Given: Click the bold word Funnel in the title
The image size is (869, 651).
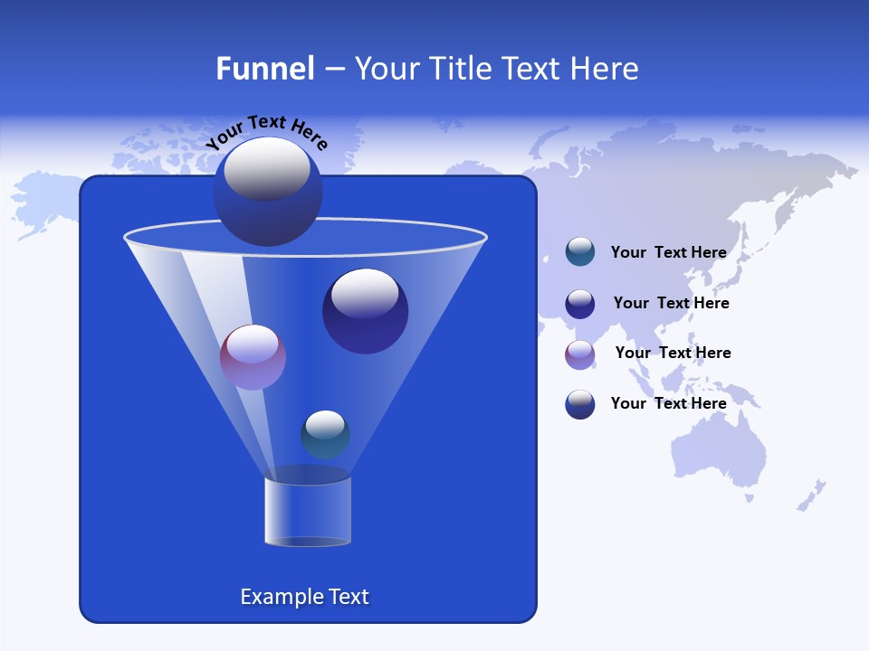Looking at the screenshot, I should tap(264, 69).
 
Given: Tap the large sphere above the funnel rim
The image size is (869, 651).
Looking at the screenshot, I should tap(268, 191).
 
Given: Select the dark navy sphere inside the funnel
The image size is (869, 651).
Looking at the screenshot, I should tap(365, 311).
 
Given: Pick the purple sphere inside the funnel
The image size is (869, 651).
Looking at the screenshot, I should tap(253, 357).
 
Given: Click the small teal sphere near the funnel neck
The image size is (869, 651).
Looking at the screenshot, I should tap(325, 434).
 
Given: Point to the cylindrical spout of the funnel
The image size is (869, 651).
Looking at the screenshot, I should tap(307, 510).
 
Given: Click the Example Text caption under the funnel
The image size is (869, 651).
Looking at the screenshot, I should tap(304, 597).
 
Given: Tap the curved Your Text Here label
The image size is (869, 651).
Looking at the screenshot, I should tap(267, 131).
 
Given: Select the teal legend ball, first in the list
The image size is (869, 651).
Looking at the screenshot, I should tap(580, 251).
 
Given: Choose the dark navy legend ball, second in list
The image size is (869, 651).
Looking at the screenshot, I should tap(580, 304).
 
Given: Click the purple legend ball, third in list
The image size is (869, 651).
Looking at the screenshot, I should tap(580, 354).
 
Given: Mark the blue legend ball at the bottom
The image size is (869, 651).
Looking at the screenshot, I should tap(580, 404).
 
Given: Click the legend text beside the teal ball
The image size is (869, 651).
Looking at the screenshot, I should tap(668, 252).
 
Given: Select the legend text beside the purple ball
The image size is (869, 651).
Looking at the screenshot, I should tap(673, 353).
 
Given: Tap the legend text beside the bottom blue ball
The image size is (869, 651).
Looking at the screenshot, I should tap(668, 403).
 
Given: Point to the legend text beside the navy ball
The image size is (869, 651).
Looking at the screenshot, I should tap(671, 303).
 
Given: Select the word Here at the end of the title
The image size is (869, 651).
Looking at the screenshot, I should tap(606, 69).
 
